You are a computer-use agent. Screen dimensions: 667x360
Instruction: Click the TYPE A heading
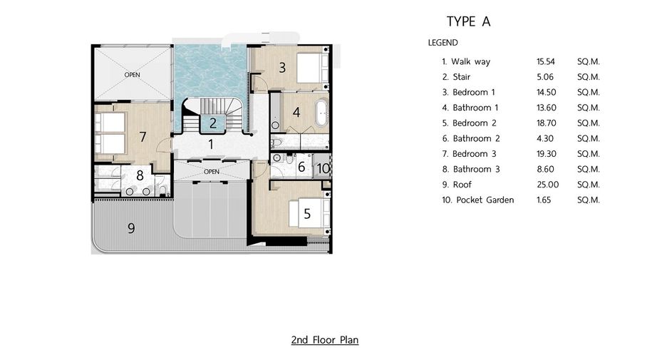click(468, 21)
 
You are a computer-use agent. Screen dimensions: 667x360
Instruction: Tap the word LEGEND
click(443, 43)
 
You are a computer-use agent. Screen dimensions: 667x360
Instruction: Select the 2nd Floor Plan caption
click(325, 339)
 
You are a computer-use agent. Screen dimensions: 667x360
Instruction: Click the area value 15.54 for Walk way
click(546, 61)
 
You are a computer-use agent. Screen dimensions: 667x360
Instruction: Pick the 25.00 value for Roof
click(548, 184)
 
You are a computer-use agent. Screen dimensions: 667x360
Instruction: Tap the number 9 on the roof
click(131, 229)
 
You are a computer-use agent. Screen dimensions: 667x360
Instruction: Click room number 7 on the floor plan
click(143, 137)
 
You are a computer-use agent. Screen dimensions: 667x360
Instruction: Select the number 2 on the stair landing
click(213, 123)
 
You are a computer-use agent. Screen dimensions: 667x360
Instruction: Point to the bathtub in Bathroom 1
click(321, 113)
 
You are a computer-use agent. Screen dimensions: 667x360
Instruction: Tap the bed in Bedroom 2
click(310, 212)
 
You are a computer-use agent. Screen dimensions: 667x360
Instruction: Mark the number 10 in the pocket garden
click(324, 168)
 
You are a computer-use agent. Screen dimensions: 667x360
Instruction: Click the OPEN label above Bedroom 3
click(133, 75)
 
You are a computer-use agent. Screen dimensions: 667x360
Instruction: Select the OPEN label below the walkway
click(212, 172)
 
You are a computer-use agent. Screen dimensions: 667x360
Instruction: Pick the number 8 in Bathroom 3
click(140, 175)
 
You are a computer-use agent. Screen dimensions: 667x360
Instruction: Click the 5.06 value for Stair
click(545, 76)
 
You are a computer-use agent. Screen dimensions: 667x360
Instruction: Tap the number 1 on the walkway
click(210, 144)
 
